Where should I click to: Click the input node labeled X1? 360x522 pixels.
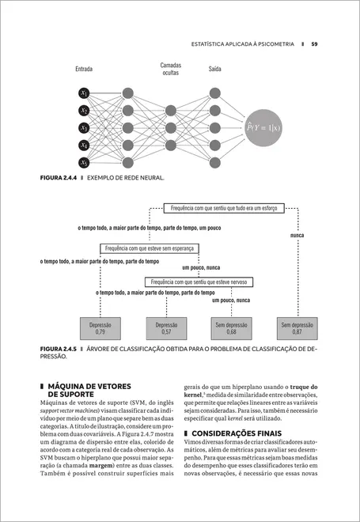(x=84, y=93)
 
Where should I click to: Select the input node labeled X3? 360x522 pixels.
(x=84, y=128)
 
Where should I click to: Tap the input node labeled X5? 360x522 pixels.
(x=84, y=163)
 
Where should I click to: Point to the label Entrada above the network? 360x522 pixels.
(x=84, y=69)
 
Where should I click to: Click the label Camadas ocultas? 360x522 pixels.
(x=170, y=69)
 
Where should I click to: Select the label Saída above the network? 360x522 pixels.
(x=214, y=69)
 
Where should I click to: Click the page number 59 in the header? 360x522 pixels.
(x=314, y=43)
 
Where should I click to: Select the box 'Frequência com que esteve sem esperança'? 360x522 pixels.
(x=149, y=248)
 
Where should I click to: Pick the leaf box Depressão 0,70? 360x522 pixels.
(x=100, y=328)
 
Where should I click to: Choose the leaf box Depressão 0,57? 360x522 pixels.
(x=166, y=328)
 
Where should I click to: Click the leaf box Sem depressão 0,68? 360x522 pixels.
(x=231, y=328)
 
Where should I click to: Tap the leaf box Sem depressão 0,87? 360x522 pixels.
(x=297, y=328)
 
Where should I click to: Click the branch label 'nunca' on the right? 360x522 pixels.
(x=297, y=236)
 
